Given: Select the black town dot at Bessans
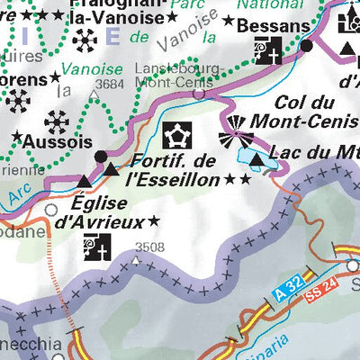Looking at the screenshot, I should tap(306, 45).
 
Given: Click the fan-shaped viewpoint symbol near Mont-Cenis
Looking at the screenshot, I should tap(235, 136).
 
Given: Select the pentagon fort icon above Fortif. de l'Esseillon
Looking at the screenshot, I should tap(176, 136).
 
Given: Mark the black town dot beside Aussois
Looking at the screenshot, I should tap(100, 156).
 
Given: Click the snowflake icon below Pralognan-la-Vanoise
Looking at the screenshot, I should tap(86, 40).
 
